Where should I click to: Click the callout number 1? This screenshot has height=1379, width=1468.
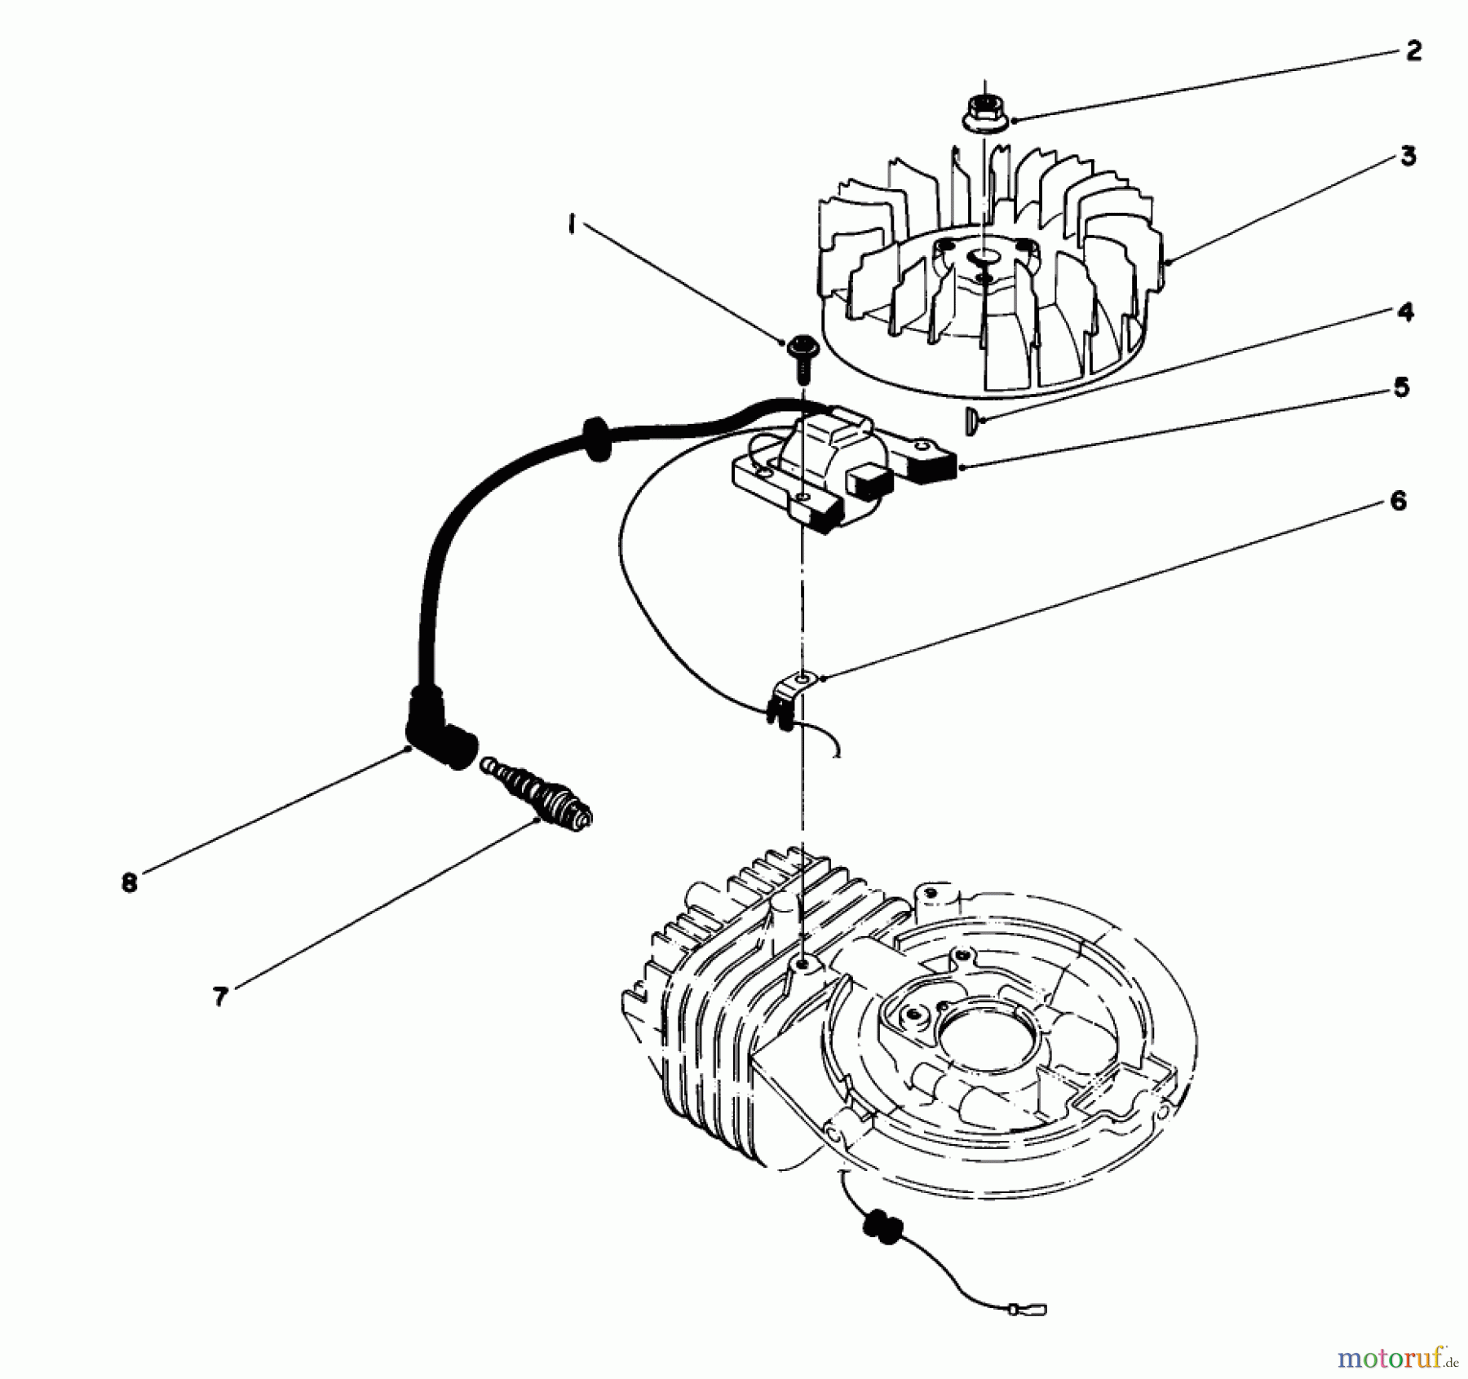coord(573,223)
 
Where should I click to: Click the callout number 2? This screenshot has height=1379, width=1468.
coord(1413,51)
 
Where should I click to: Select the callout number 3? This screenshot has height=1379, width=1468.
coord(1408,156)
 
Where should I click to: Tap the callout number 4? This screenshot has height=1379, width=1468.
coord(1405,312)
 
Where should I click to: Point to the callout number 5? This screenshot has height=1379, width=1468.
coord(1401,387)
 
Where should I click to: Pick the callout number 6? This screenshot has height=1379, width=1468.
coord(1398,501)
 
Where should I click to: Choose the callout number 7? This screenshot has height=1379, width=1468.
coord(219,997)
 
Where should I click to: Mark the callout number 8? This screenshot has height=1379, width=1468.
coord(130,882)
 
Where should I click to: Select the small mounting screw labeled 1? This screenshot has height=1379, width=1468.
coord(799,355)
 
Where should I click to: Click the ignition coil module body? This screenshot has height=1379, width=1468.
coord(824,465)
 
